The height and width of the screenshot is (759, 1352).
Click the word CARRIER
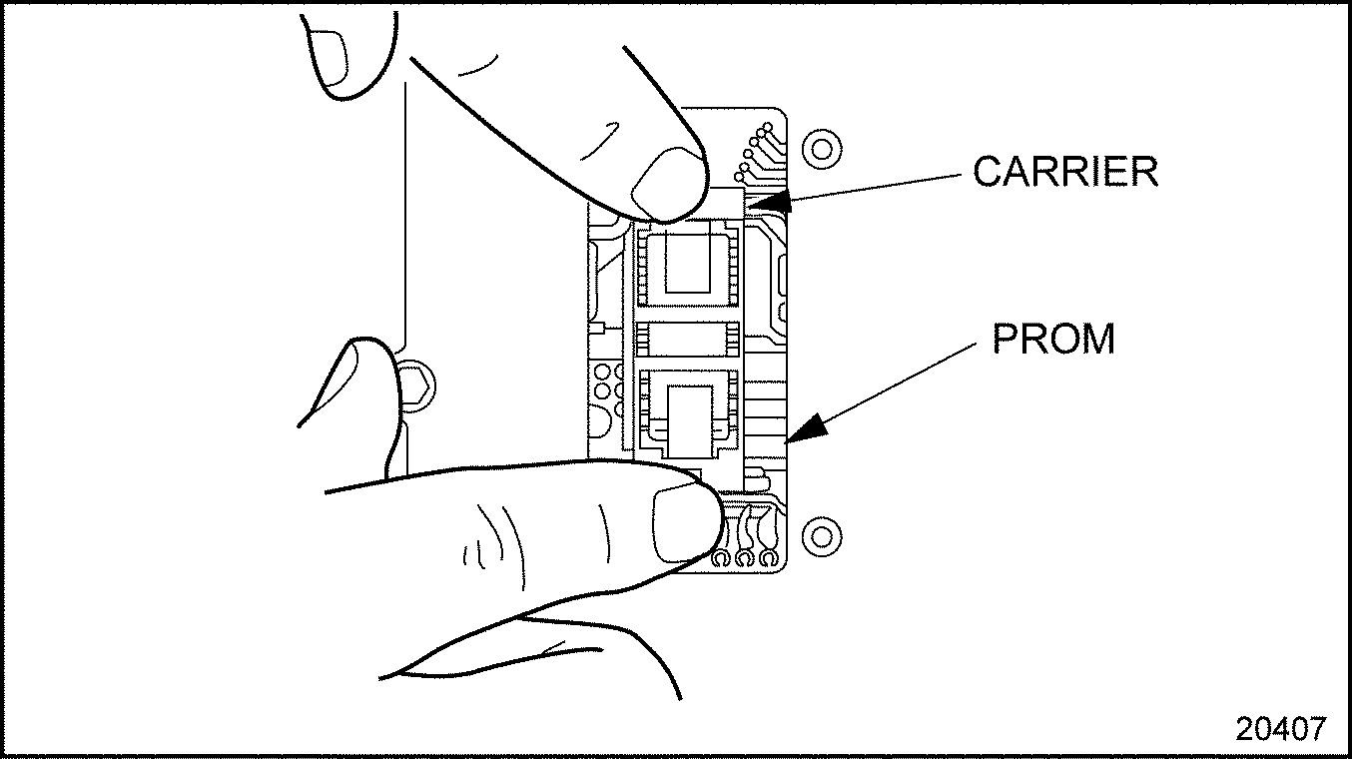[x=1065, y=172]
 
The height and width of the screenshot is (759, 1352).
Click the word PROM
[x=1052, y=340]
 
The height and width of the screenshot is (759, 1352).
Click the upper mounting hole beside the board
[x=821, y=150]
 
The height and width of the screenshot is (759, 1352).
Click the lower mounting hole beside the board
[x=821, y=535]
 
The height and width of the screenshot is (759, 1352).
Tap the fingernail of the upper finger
[x=666, y=182]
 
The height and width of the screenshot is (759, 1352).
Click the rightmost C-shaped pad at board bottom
[x=767, y=560]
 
